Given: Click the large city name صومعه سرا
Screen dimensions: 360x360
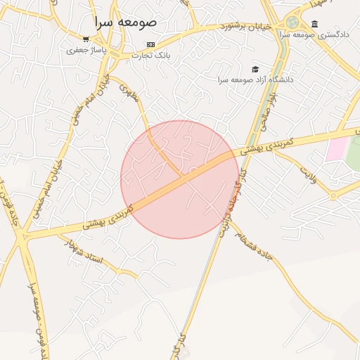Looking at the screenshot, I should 127,22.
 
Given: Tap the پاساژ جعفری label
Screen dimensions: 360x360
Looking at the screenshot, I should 86,50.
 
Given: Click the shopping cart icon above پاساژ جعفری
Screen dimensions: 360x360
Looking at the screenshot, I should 86,39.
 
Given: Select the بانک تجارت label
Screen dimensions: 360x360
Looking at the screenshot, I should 153,55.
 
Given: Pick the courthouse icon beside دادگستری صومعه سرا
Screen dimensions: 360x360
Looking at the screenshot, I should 314,24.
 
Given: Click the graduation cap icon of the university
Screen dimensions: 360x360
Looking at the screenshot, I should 255,69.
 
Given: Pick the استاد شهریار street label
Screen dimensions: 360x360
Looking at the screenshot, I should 89,252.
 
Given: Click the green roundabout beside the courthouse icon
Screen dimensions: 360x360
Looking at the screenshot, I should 292,22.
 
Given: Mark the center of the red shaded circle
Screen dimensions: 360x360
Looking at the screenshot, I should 179,179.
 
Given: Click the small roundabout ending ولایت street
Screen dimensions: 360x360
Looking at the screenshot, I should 334,195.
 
